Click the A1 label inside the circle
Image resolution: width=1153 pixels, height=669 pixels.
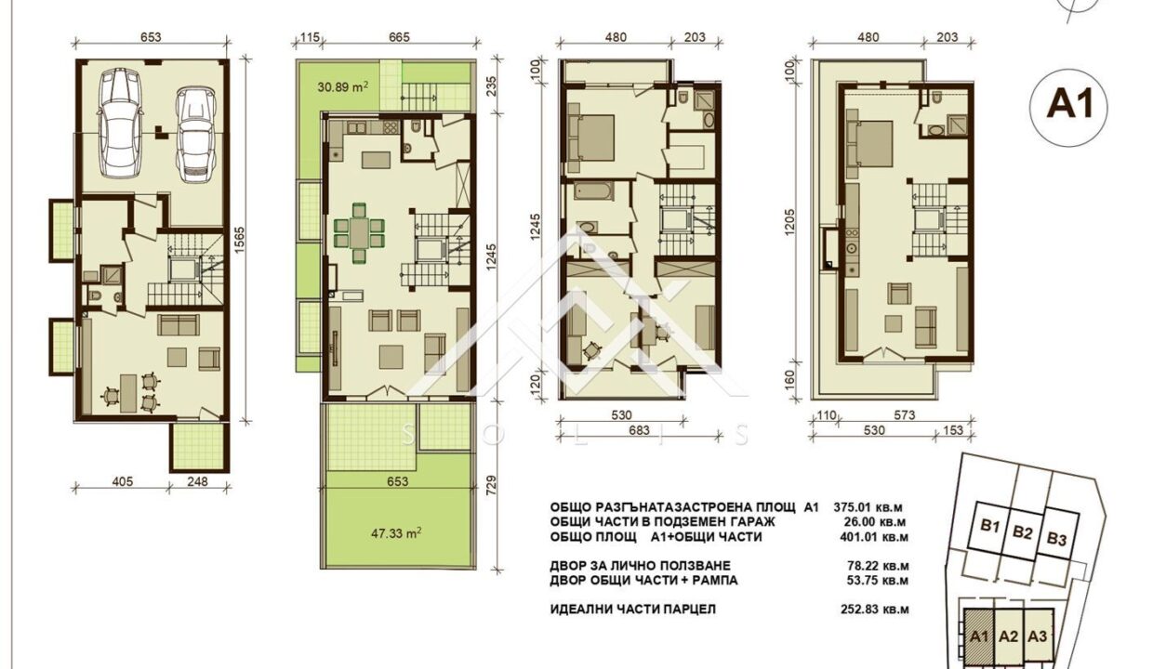click(x=1068, y=106)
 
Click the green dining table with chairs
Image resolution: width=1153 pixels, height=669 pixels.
click(x=358, y=231)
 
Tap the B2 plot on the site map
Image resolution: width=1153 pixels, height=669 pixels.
click(x=1023, y=533)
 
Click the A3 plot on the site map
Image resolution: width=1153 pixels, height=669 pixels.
click(x=1040, y=636)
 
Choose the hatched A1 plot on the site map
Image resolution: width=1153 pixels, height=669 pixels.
click(x=977, y=636)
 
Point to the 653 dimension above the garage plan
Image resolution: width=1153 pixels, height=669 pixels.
click(x=152, y=38)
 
